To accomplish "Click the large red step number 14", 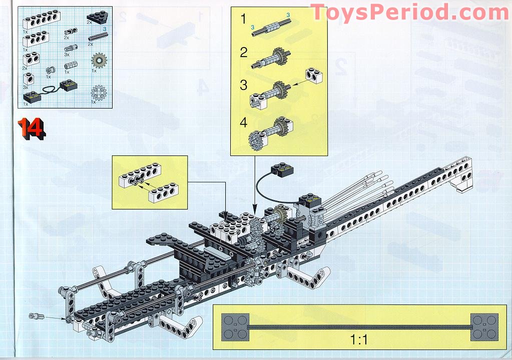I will pyautogui.click(x=32, y=128).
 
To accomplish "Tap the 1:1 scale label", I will pyautogui.click(x=359, y=340).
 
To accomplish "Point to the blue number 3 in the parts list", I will pyautogui.click(x=105, y=29).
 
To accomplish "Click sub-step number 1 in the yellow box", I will pyautogui.click(x=244, y=20).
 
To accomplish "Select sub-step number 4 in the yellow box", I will pyautogui.click(x=244, y=122).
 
